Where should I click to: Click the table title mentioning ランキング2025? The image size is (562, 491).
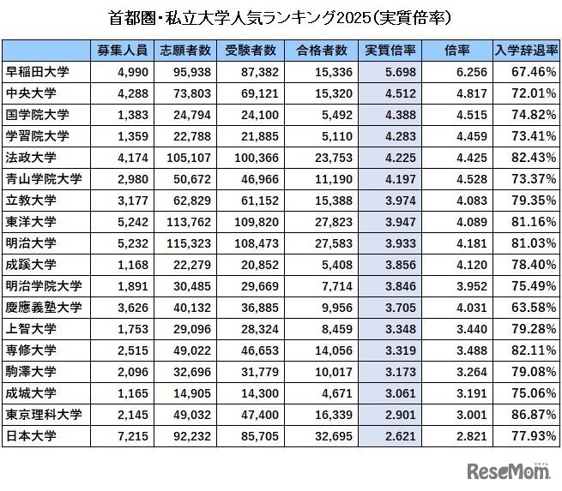(x=281, y=17)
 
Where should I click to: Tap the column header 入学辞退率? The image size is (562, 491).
(x=525, y=50)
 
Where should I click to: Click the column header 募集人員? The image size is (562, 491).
(x=120, y=50)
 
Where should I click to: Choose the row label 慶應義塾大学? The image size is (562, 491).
(x=44, y=307)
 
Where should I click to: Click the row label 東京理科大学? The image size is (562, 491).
(x=44, y=415)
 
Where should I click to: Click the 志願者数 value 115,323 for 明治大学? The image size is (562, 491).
(x=184, y=243)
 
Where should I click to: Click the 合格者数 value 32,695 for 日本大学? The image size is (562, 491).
(x=322, y=436)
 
